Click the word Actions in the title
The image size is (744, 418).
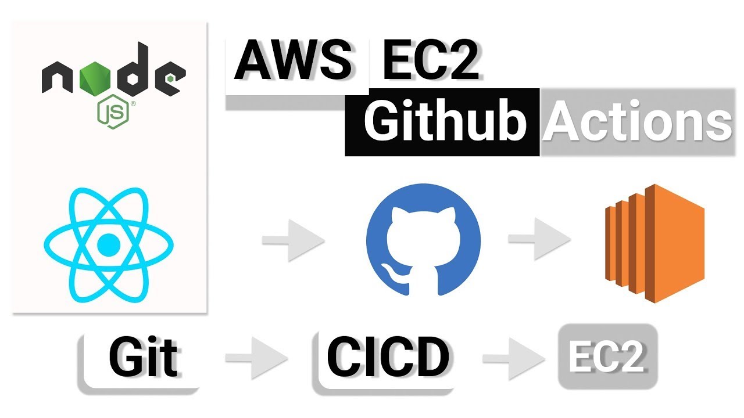(x=636, y=122)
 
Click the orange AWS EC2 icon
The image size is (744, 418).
(x=654, y=243)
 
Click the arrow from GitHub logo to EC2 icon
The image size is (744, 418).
(x=538, y=240)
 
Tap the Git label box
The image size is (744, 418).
(x=142, y=358)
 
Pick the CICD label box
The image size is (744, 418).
(x=387, y=358)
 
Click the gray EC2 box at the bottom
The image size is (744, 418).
(x=607, y=356)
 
